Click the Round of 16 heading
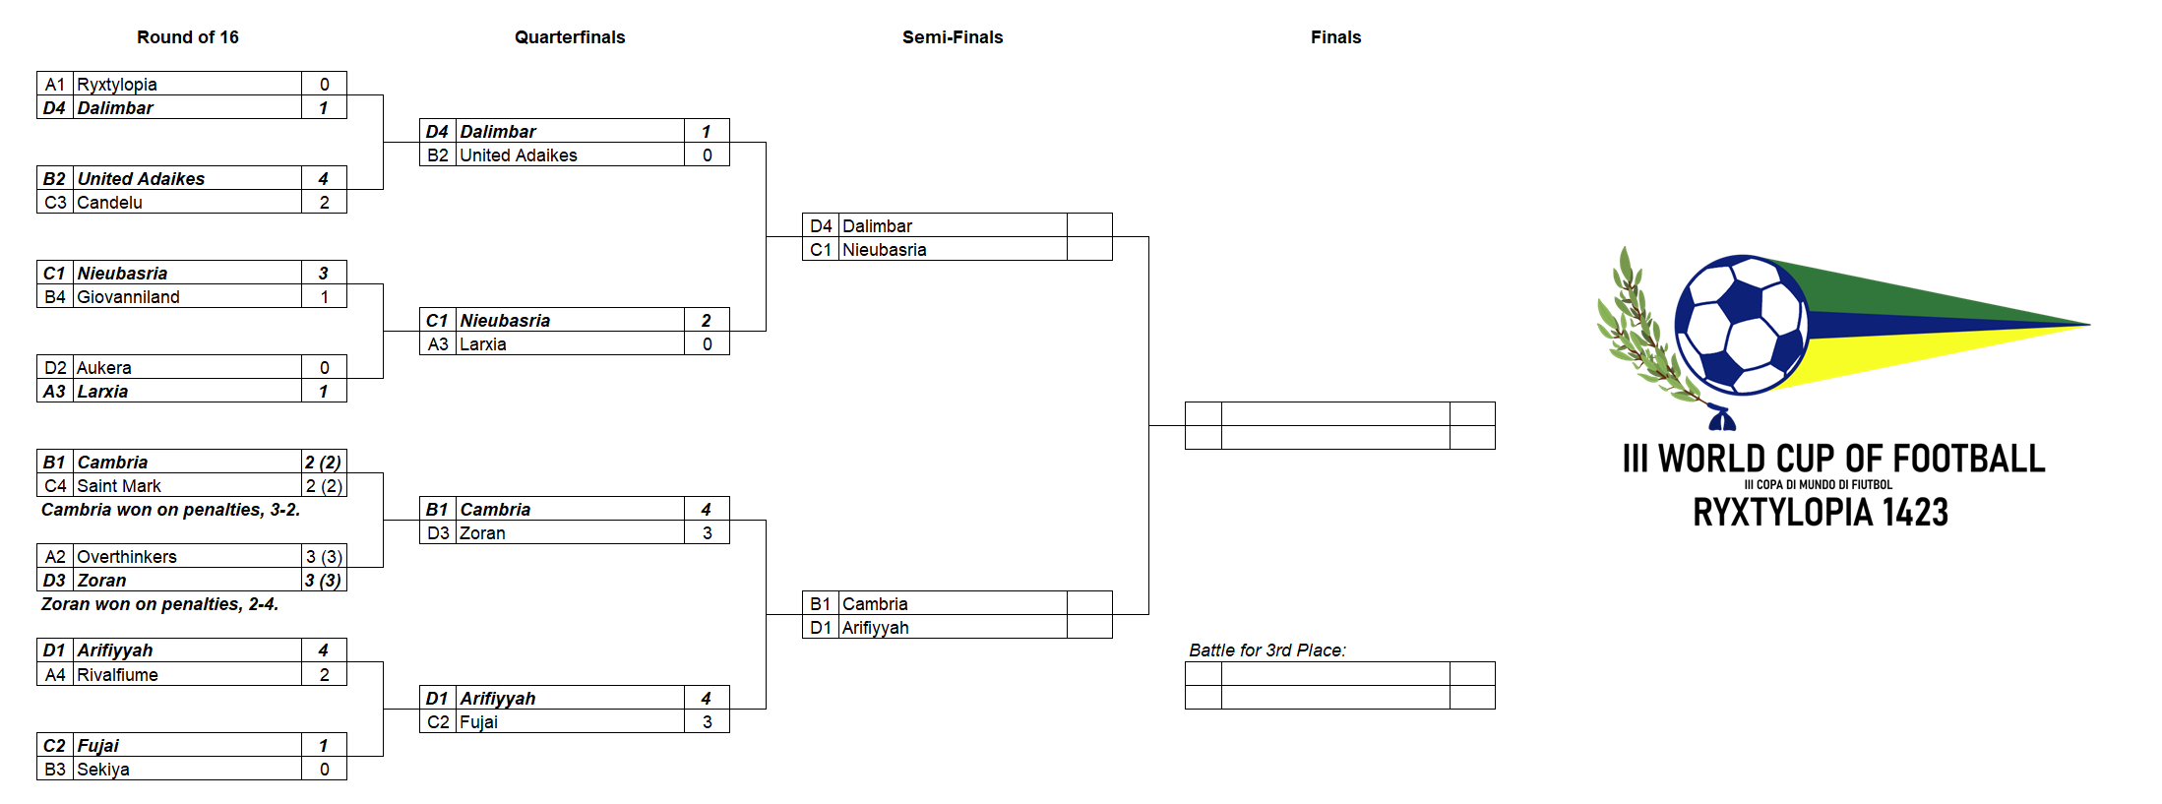click(x=187, y=37)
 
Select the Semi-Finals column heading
click(x=953, y=37)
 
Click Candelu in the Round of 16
click(x=109, y=203)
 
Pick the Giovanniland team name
click(x=128, y=297)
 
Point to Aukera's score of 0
click(x=324, y=368)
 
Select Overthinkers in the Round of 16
click(x=127, y=557)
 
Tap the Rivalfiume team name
click(x=117, y=675)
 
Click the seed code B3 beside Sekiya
click(x=55, y=770)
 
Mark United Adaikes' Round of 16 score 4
click(x=324, y=179)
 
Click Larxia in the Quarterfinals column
click(x=483, y=344)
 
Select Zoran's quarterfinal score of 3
click(x=707, y=533)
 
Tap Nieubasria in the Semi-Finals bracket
click(x=884, y=250)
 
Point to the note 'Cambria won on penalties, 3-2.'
click(x=170, y=510)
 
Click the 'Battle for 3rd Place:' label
click(x=1267, y=650)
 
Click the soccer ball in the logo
click(x=1741, y=325)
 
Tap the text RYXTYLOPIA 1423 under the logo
click(x=1821, y=513)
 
